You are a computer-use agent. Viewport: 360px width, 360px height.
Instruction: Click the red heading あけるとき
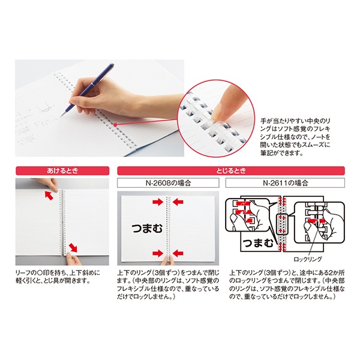62,171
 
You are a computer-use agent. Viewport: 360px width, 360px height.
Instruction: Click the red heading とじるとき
231,171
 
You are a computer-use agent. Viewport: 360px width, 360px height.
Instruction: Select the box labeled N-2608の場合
168,183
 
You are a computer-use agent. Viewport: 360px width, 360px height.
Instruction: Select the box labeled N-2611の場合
285,183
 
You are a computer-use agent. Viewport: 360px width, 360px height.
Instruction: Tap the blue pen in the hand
88,89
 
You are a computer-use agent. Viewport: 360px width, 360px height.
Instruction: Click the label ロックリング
308,259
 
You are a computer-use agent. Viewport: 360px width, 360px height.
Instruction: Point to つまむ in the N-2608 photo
147,228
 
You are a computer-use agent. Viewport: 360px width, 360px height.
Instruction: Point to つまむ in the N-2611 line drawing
258,243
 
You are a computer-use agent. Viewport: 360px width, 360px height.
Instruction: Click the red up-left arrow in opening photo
49,195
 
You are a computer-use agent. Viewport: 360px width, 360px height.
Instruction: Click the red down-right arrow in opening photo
73,247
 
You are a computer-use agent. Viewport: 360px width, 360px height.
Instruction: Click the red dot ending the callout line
115,125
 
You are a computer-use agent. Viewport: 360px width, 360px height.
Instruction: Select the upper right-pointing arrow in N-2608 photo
158,202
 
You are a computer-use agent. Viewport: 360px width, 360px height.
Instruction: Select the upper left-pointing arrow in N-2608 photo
178,202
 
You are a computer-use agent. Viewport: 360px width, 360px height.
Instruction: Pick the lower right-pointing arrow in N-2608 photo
158,253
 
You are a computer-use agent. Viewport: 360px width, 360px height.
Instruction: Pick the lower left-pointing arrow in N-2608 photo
178,253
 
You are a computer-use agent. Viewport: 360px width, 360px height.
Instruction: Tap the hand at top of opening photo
47,184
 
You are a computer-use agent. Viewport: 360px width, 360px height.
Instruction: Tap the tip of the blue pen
61,116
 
